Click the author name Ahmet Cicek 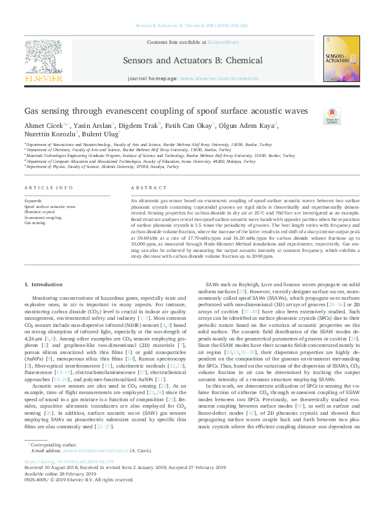click(41, 125)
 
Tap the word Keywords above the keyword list click(34, 202)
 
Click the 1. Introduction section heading click(43, 284)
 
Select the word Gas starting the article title click(33, 110)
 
